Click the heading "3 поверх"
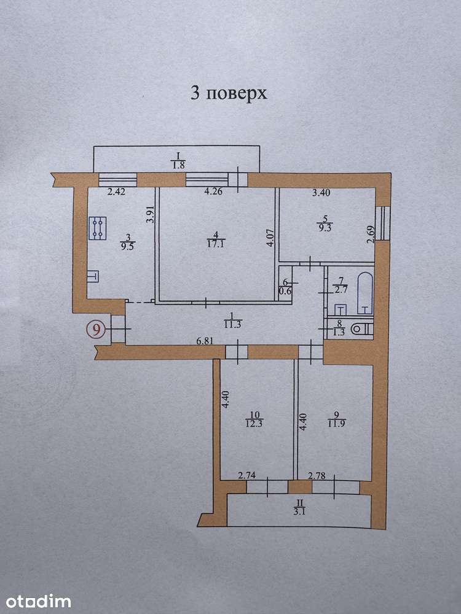point(229,94)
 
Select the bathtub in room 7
point(365,293)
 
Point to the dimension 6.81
point(205,341)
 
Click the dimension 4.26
point(214,192)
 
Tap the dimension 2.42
point(116,192)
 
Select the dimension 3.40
point(321,192)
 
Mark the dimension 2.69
point(371,235)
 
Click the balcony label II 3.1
point(299,507)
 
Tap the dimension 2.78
point(317,476)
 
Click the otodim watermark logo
point(38,601)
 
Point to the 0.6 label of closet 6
point(288,290)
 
